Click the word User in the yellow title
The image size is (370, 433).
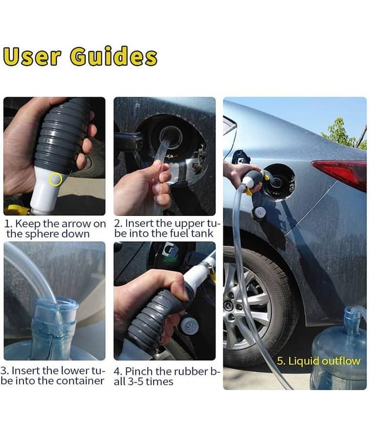coord(32,57)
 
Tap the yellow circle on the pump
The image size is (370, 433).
coord(55,179)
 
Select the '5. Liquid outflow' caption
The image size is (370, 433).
coord(319,361)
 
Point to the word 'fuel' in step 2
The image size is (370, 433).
coord(180,233)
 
